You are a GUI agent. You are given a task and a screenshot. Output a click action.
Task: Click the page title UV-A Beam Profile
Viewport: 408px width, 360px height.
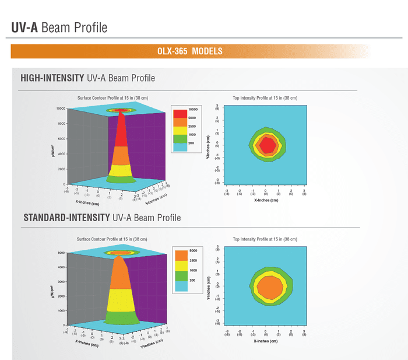(59, 27)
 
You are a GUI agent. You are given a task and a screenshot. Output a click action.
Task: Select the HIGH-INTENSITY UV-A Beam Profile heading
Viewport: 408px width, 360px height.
(87, 78)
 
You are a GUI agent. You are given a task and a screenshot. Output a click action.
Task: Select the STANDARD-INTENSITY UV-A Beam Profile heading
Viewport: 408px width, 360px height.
(102, 218)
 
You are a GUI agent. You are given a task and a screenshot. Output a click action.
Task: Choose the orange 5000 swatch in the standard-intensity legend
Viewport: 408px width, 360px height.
(180, 254)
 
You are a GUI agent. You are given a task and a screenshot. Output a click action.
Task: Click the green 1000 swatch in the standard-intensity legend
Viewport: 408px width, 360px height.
(180, 274)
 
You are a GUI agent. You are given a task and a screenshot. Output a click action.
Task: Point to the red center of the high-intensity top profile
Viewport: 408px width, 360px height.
(266, 144)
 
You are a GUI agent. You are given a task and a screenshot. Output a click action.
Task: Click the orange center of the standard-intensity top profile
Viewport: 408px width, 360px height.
(269, 288)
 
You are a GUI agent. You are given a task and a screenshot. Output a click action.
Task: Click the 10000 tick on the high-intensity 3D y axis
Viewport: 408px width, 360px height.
(59, 109)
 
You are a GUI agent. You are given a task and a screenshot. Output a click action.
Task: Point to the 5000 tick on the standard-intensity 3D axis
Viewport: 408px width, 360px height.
(59, 253)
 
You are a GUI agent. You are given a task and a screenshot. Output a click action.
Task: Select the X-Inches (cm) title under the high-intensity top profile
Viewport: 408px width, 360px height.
(265, 200)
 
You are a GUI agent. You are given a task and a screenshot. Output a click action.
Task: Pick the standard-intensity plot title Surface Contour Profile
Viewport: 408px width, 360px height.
(112, 239)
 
